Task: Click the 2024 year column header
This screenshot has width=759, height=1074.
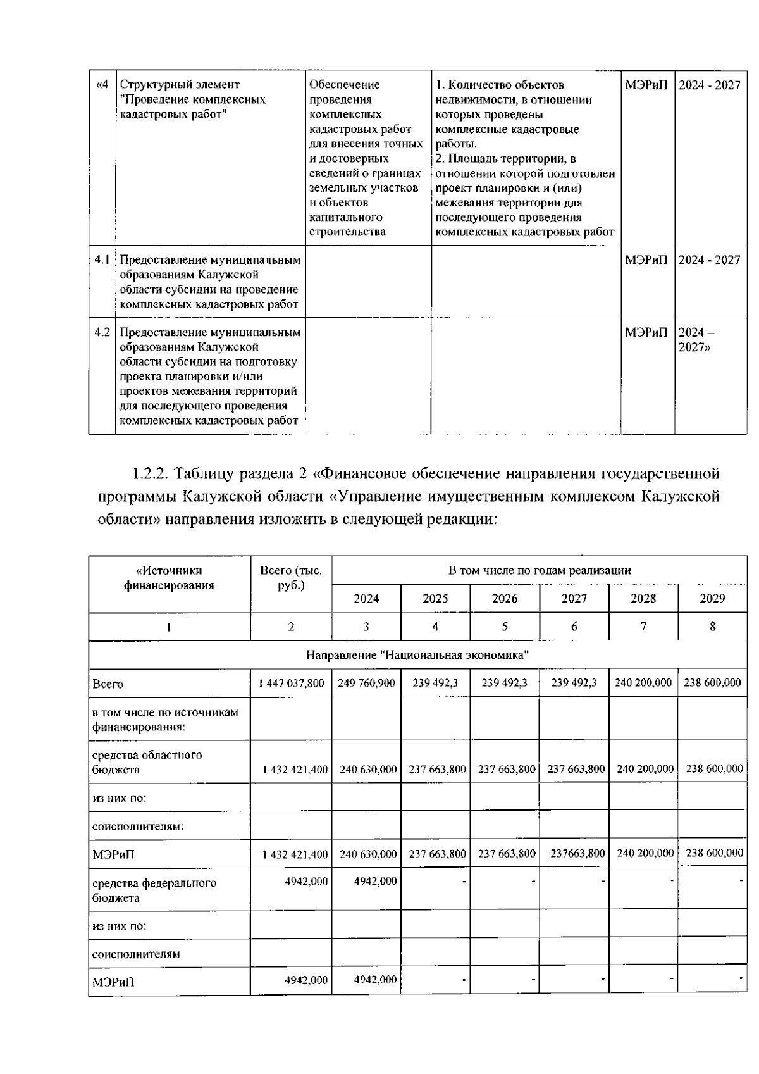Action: tap(366, 598)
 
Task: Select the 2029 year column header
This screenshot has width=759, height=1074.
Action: tap(712, 598)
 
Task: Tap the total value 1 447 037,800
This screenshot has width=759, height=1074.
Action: tap(292, 683)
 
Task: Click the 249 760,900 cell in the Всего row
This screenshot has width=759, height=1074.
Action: tap(366, 683)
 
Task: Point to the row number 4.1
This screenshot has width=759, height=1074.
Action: tap(102, 260)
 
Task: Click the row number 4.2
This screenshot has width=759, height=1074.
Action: tap(102, 332)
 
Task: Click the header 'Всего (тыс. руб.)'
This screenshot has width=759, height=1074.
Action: tap(291, 578)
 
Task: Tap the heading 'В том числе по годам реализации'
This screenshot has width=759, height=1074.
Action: tap(539, 570)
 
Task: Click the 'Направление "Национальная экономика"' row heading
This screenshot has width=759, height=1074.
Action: tap(417, 655)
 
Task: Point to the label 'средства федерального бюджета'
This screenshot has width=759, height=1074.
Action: tap(154, 890)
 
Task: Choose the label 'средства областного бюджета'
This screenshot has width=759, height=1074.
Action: tap(147, 762)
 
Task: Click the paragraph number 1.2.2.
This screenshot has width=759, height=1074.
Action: tap(149, 473)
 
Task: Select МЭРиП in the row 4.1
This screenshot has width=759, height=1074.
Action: tap(646, 260)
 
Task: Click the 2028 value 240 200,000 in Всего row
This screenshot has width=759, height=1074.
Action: tap(643, 683)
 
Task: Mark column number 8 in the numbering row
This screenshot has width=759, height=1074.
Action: tap(712, 627)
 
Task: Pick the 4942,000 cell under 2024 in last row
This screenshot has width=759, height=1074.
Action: tap(375, 980)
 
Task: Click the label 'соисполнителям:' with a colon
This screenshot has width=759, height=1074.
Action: tap(130, 826)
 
